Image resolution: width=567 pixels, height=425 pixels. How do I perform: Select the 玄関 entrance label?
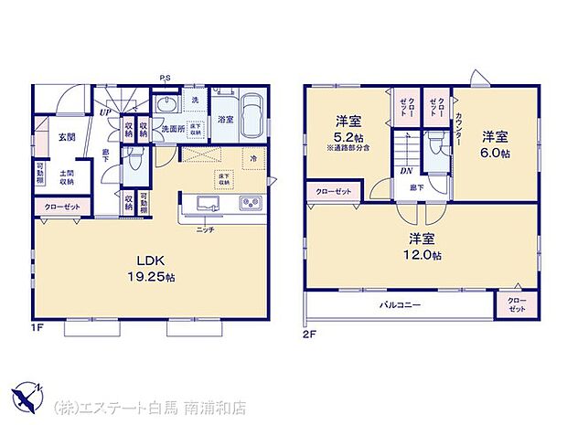[x=67, y=137]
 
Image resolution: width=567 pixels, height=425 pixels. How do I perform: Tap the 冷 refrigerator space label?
[x=252, y=158]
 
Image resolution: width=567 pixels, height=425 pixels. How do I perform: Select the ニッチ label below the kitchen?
[x=206, y=230]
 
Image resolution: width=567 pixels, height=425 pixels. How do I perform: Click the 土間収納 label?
[x=67, y=177]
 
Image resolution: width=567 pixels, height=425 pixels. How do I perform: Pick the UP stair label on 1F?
[x=106, y=113]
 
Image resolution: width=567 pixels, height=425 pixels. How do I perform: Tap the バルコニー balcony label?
[x=401, y=304]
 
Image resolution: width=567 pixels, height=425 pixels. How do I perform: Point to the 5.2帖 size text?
[x=348, y=135]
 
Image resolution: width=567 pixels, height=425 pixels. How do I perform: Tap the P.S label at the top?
[x=165, y=77]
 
